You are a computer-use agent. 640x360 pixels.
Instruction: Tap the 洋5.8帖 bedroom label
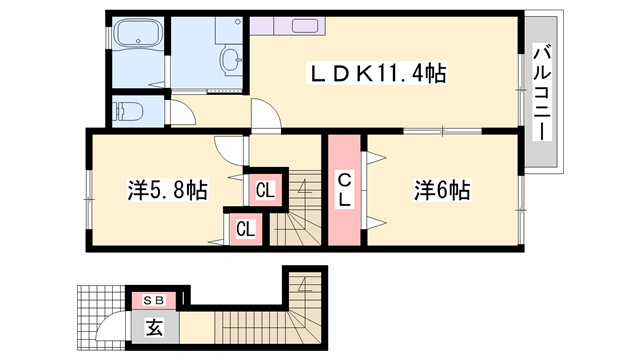pos(167,189)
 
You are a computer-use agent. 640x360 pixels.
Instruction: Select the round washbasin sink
pos(231,57)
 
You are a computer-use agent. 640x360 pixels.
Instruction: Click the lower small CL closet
pos(245,228)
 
